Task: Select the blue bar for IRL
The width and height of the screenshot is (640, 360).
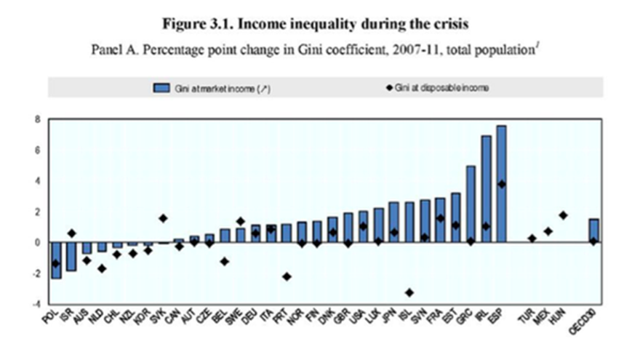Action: point(486,189)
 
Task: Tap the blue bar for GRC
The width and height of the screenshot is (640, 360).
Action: point(471,204)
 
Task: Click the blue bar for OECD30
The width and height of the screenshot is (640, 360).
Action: point(593,231)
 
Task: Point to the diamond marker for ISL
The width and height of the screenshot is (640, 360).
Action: point(409,292)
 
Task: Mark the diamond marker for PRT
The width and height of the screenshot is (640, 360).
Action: point(287,276)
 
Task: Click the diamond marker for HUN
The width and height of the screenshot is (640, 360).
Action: point(563,215)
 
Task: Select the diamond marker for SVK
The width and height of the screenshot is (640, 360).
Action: point(163,218)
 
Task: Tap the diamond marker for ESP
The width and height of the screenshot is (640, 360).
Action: point(501,184)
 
